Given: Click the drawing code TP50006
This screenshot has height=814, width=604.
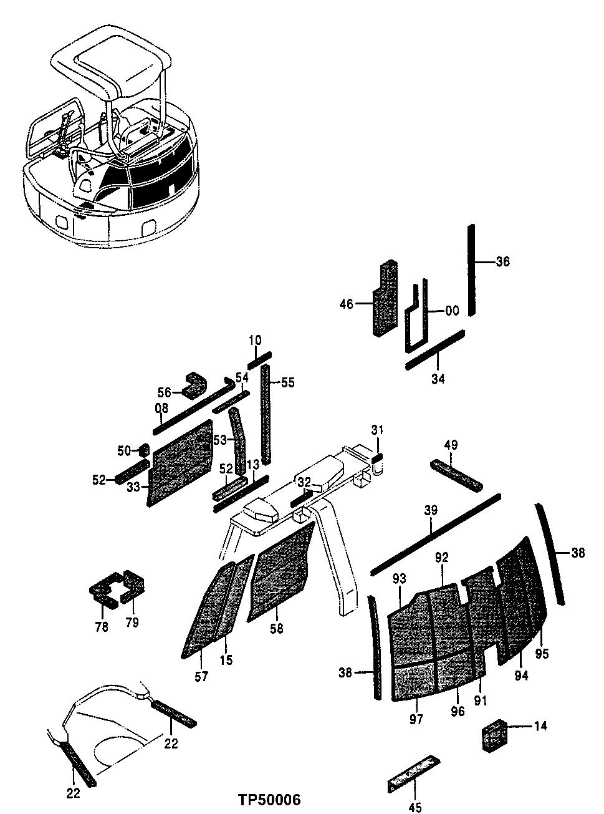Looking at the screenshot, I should [269, 800].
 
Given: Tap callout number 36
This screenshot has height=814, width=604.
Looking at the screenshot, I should [502, 262].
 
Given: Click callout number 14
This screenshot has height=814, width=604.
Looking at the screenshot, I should [540, 726].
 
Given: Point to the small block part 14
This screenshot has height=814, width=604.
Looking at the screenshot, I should [496, 735].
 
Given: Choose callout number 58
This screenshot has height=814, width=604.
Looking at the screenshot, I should [276, 629].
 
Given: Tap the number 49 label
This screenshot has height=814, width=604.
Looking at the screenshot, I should [451, 445].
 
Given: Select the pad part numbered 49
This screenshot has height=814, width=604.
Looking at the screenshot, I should [456, 475].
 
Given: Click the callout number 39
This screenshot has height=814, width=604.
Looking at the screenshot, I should [431, 511].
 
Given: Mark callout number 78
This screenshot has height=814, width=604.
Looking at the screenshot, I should [102, 626].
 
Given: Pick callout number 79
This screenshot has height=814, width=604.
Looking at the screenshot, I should [132, 622].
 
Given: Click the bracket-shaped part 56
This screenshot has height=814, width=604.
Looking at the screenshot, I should [194, 384].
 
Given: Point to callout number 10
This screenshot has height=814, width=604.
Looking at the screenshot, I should [256, 340].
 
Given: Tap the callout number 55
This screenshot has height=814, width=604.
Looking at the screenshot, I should [287, 382].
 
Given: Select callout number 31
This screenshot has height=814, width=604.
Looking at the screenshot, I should [378, 430].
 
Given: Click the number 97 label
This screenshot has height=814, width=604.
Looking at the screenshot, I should [416, 719].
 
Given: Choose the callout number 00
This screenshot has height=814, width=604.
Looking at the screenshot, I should [452, 310].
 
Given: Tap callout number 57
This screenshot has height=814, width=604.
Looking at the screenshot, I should [201, 676].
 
